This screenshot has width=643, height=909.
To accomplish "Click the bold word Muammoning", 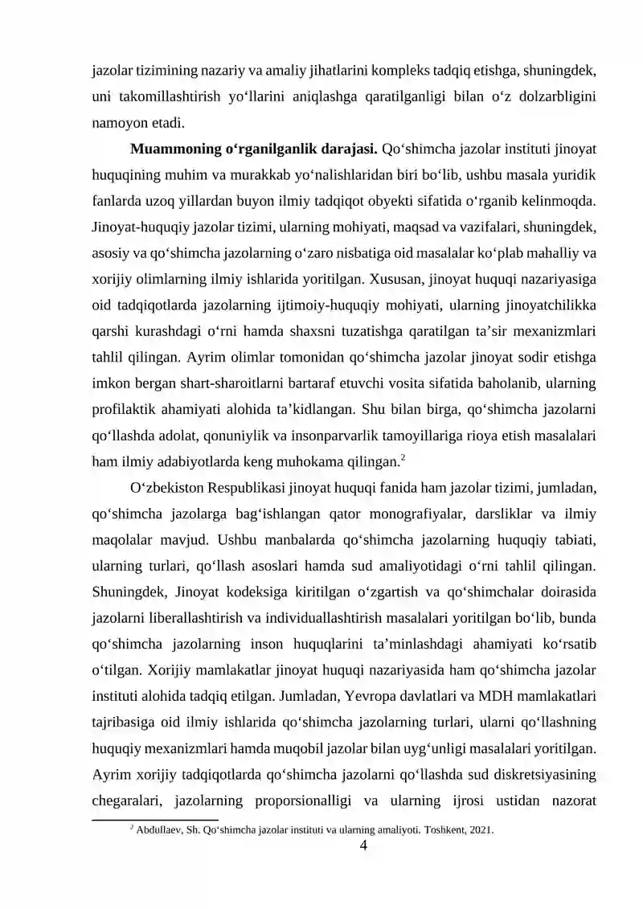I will click(x=169, y=149).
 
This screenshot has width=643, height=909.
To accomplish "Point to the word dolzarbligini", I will click(x=554, y=98).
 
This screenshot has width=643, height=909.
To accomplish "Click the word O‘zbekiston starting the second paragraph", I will click(x=166, y=487).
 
